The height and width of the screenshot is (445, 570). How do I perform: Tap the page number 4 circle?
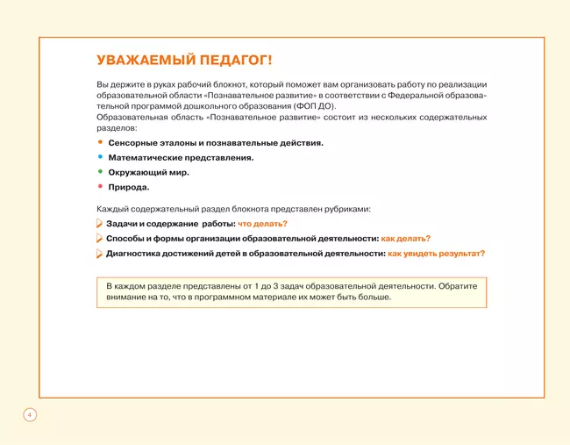(x=29, y=413)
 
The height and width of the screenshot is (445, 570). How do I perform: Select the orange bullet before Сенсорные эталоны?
(x=100, y=141)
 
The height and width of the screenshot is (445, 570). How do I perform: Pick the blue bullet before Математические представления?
(x=100, y=156)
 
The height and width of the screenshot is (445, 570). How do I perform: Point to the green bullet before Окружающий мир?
(x=100, y=171)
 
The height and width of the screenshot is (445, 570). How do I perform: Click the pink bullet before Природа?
(x=100, y=186)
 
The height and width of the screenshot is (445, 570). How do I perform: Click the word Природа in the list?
(x=128, y=187)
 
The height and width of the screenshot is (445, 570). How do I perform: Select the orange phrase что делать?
(x=262, y=224)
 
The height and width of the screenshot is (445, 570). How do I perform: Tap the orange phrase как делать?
(x=405, y=239)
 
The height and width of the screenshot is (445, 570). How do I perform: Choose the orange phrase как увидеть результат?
(x=436, y=254)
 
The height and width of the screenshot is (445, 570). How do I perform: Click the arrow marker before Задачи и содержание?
(x=99, y=224)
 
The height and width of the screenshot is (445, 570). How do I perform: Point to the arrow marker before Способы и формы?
(x=99, y=239)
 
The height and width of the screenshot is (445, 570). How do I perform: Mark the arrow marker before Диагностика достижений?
(x=99, y=254)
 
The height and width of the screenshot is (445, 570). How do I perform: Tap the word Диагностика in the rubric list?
(x=134, y=254)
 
